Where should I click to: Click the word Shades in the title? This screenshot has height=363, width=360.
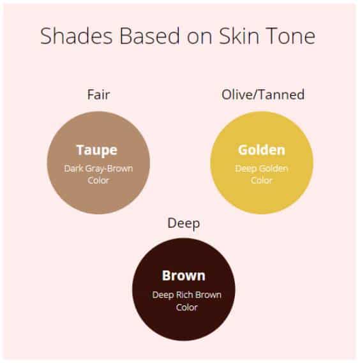pos(77,36)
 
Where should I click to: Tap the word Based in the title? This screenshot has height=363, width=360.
pos(149,36)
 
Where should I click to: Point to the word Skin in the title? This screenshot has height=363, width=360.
pos(239,36)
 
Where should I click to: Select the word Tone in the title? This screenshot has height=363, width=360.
pos(290,36)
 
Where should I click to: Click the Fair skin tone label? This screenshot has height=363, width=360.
pos(98,94)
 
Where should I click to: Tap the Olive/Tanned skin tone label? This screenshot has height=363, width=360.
pos(263,94)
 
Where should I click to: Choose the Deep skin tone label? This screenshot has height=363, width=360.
pos(183,224)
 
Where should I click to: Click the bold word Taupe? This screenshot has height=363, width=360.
pos(97,151)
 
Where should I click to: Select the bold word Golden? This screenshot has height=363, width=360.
pos(262,150)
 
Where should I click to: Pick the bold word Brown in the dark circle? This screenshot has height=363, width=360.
pos(183,276)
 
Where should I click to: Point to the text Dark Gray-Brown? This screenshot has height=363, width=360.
pos(98,169)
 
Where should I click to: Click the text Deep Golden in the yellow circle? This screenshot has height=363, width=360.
pos(262,169)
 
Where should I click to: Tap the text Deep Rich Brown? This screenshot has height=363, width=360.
pos(187,295)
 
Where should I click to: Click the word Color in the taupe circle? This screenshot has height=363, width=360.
pos(98,181)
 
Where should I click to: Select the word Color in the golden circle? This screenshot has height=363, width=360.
pos(262,181)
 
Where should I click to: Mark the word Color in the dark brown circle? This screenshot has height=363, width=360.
pos(187,307)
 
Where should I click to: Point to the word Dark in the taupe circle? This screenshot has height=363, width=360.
pos(73,168)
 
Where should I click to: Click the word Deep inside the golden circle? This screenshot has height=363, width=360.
pos(246,169)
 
